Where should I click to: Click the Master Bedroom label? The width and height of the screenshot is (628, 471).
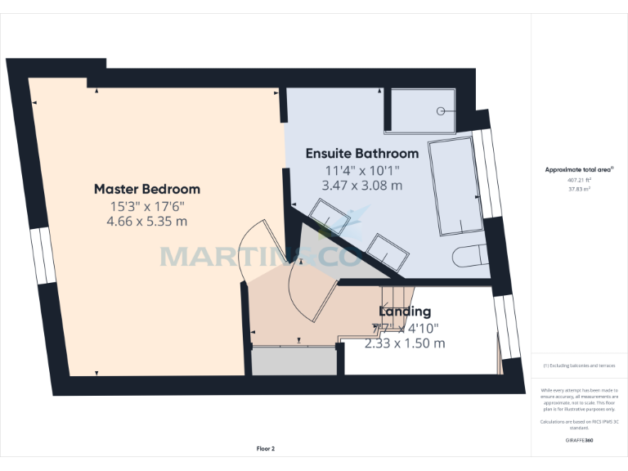point(146,189)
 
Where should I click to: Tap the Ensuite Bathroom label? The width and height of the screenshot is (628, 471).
point(362,153)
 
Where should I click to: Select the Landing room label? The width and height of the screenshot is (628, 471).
point(405,312)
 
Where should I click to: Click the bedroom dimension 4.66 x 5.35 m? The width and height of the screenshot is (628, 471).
point(146,221)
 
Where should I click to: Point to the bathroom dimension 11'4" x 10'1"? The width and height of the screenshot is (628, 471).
point(363,170)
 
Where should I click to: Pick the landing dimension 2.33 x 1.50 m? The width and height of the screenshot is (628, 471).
point(405,343)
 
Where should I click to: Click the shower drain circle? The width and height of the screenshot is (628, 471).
point(442,110)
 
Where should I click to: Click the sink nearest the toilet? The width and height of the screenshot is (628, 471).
point(386,252)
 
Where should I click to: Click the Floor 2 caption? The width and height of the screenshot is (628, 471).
point(266,449)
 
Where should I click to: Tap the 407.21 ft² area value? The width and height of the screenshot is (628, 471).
point(579,180)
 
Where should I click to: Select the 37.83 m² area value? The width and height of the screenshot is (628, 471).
point(579,188)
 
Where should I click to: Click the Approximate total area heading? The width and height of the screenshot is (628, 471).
point(579,169)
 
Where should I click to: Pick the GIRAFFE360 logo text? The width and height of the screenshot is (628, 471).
point(579,441)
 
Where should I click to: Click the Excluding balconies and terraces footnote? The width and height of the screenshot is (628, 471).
point(579,366)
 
